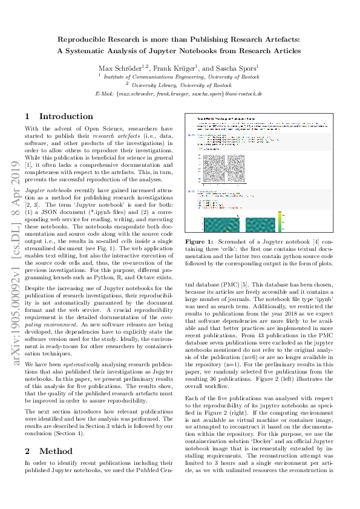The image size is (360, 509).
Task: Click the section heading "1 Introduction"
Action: point(59,116)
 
